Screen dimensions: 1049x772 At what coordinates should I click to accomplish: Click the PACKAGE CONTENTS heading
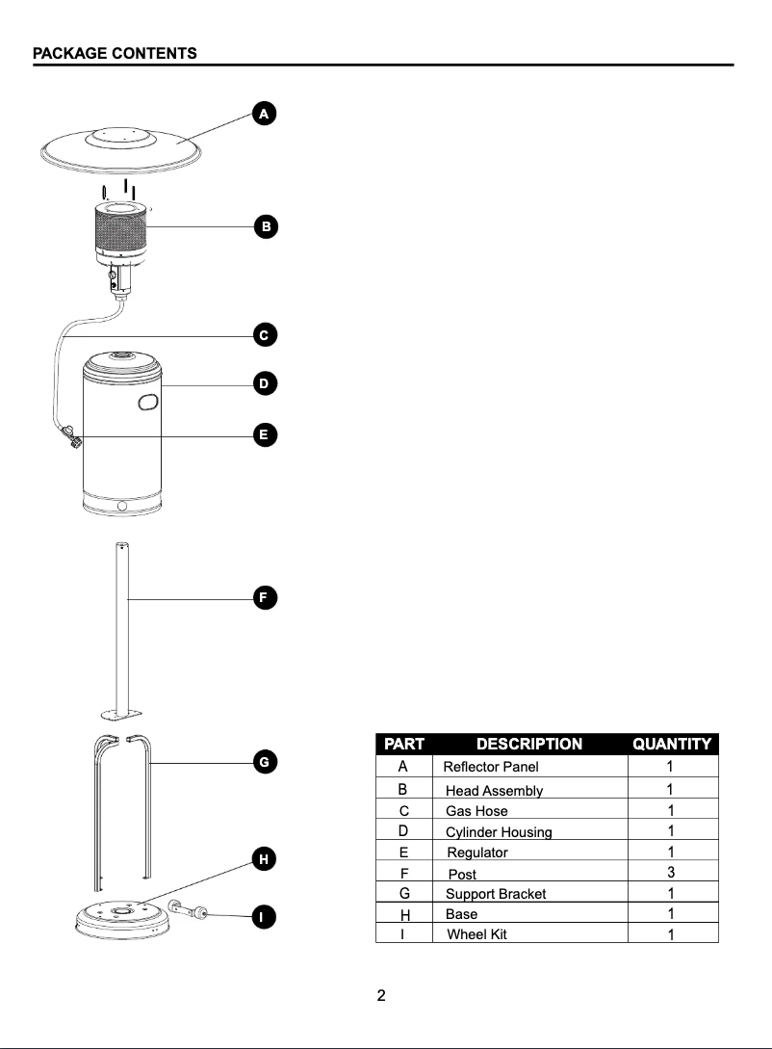coord(115,53)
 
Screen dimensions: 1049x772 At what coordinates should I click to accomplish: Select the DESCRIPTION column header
coord(528,744)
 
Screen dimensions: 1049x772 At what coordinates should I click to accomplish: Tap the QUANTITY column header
coord(671,744)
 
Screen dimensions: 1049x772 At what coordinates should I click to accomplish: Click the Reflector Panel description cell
coord(491,768)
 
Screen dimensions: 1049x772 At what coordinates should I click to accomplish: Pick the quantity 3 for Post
coord(670,873)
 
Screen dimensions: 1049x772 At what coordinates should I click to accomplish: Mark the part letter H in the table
coord(403,913)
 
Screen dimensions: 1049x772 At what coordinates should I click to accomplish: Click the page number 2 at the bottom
coord(381,996)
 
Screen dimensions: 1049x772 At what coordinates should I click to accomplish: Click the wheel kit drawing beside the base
coord(188,908)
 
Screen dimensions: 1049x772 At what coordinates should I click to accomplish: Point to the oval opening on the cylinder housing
coord(146,401)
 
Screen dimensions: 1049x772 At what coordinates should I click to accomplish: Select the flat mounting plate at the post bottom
coord(121,716)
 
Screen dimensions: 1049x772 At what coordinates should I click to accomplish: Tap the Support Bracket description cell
coord(495,894)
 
